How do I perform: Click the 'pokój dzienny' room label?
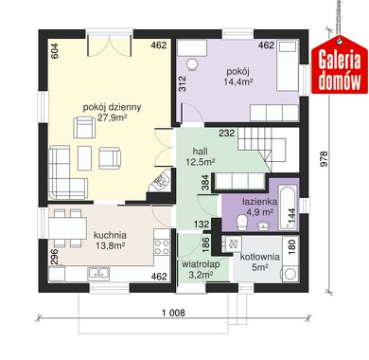point(112,107)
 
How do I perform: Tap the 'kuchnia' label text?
point(110,235)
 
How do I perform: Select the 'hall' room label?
point(201,151)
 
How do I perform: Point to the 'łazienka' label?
point(259,202)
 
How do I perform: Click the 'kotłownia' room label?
point(260,257)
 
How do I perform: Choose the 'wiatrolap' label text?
point(201,264)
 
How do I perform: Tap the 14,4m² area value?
point(238,81)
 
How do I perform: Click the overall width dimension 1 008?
point(173,313)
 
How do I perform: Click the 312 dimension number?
point(183,84)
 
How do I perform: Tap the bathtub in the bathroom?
point(289,207)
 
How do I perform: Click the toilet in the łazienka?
point(242,223)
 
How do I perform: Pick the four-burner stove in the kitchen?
point(162,247)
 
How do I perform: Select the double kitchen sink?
point(99,273)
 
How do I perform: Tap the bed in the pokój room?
point(288,65)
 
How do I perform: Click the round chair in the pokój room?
point(192,64)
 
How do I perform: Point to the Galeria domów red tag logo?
point(340,64)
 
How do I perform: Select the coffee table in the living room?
point(85,158)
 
